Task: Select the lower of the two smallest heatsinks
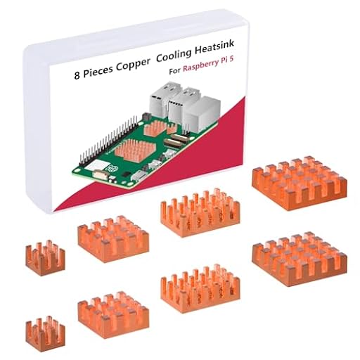click(45, 333)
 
